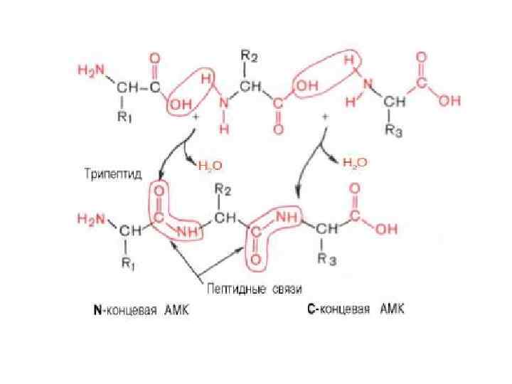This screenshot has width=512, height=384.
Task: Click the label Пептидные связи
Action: click(255, 289)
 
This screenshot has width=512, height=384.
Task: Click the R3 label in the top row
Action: click(394, 132)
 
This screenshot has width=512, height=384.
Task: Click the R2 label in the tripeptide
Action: click(223, 190)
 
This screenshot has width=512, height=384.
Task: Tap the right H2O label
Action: click(356, 163)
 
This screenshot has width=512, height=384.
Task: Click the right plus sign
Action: click(324, 115)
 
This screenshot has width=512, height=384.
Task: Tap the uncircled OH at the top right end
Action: click(448, 102)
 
